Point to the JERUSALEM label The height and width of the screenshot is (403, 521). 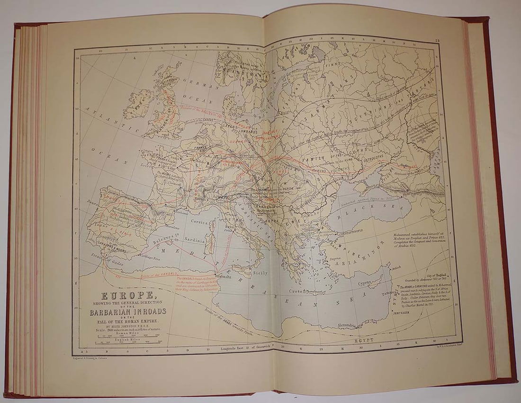[403, 313]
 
